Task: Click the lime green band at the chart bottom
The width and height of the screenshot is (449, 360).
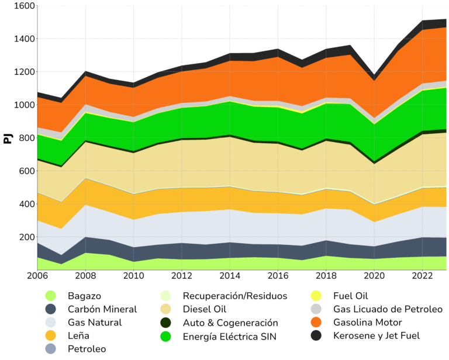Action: [234, 264]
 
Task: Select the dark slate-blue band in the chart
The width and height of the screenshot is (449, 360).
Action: [234, 250]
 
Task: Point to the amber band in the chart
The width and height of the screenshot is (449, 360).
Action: [234, 199]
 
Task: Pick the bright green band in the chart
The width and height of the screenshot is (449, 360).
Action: [234, 120]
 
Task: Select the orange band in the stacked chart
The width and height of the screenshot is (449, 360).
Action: [234, 79]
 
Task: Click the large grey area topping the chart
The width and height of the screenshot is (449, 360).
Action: [175, 35]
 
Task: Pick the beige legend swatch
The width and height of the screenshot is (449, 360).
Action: [171, 310]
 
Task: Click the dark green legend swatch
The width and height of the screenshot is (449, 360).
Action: [171, 323]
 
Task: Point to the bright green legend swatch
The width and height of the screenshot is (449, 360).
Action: [171, 338]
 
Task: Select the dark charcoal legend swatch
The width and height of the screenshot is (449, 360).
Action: [319, 335]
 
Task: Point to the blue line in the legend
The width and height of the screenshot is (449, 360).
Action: [348, 304]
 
